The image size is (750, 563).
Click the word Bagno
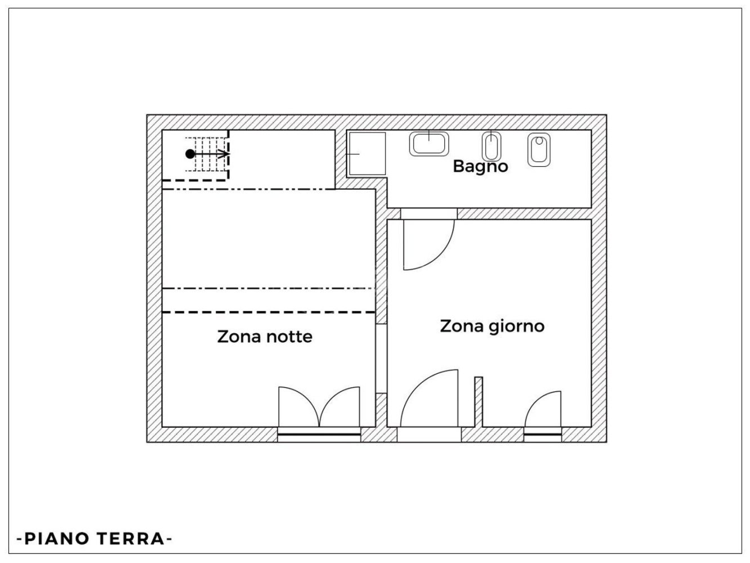[x=480, y=167]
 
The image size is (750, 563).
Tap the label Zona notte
[x=264, y=337]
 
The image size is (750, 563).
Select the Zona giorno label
[x=492, y=327]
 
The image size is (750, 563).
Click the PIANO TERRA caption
[x=95, y=539]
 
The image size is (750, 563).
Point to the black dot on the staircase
[x=190, y=154]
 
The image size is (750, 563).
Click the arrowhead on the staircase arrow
[x=225, y=154]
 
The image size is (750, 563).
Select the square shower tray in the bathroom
[x=366, y=154]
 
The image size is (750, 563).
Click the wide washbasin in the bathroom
[x=429, y=143]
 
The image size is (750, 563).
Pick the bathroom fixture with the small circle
[x=538, y=149]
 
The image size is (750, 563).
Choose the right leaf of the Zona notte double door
[x=341, y=406]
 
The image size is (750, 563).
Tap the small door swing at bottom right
[x=544, y=410]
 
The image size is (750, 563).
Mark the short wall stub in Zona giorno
[x=478, y=401]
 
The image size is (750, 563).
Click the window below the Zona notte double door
[x=319, y=434]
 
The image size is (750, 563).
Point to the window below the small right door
[x=543, y=434]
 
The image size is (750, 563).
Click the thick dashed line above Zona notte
[x=269, y=311]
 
